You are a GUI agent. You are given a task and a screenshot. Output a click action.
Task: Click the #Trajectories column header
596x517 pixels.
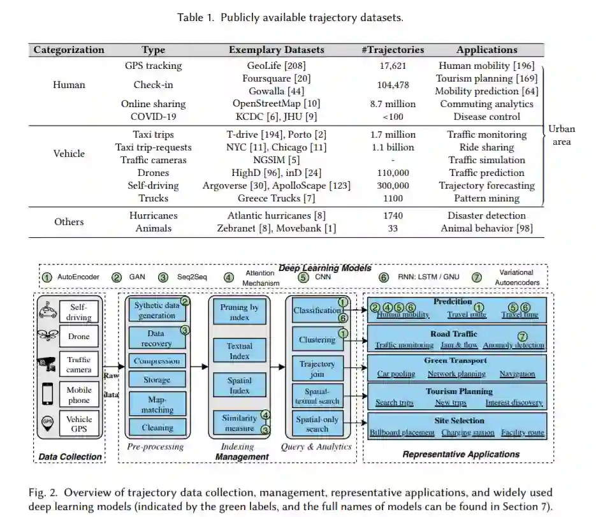click(393, 50)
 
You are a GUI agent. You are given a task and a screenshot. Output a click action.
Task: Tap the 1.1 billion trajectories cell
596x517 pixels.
click(393, 147)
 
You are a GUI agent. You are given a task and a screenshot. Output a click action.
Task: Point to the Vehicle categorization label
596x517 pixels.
click(69, 154)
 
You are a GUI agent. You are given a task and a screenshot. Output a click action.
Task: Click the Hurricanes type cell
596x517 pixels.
click(153, 215)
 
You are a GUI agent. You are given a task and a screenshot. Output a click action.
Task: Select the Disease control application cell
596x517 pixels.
click(487, 117)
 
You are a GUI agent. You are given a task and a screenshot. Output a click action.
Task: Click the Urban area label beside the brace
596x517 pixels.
click(562, 135)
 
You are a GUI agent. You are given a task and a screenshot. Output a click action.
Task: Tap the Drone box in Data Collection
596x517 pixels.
click(79, 337)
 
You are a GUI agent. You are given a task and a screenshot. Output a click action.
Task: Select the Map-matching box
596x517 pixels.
click(157, 402)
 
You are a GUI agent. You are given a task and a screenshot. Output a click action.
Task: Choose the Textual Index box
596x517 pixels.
click(240, 351)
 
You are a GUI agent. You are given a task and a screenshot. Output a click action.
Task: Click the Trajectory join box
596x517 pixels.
click(317, 368)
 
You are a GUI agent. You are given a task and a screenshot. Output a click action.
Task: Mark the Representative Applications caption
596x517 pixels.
click(461, 455)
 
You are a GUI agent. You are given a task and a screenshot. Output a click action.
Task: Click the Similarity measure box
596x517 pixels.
click(239, 423)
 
